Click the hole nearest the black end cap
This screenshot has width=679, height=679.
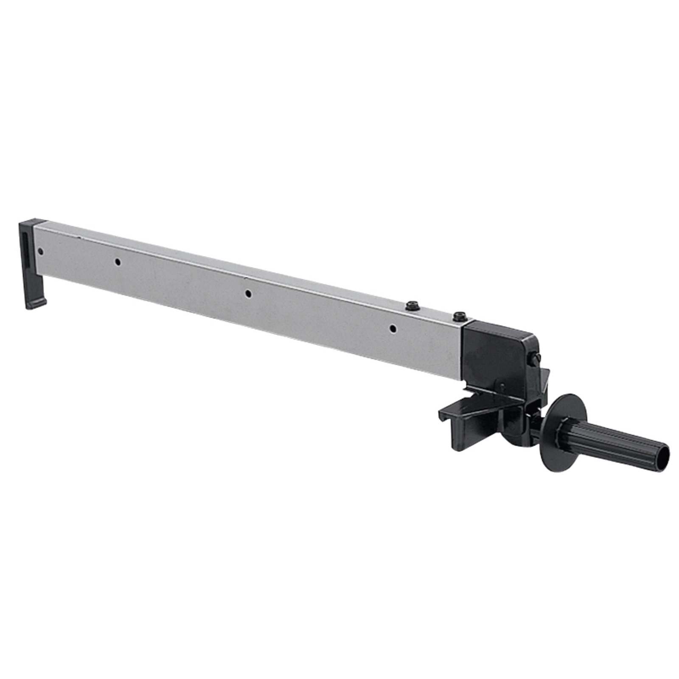click(40, 251)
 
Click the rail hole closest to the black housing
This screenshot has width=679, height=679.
click(393, 328)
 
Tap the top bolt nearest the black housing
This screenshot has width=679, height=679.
click(460, 316)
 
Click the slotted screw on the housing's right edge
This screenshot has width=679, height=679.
click(533, 358)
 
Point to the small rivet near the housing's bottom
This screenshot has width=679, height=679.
click(502, 386)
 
